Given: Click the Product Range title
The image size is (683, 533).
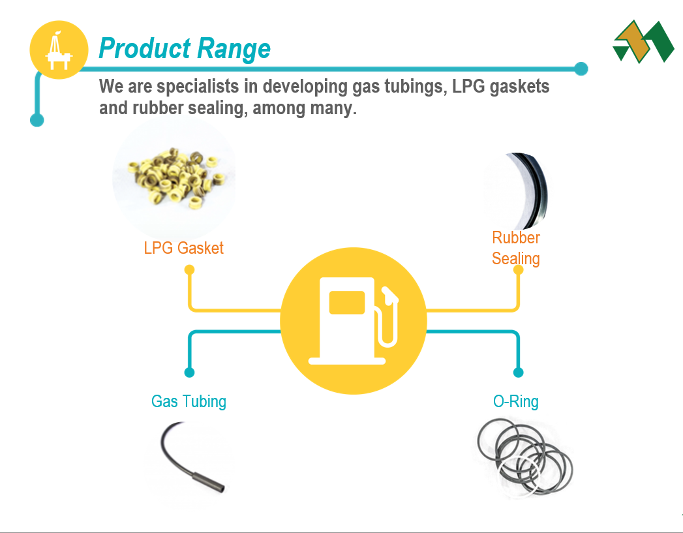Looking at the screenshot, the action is (x=184, y=48).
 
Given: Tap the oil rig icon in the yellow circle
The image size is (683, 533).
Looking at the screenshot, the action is (x=59, y=50).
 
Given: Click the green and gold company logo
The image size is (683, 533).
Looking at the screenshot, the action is (x=643, y=41).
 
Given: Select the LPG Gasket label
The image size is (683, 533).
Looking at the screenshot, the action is (x=183, y=248).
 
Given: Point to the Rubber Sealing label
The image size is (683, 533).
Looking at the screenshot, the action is (x=516, y=248).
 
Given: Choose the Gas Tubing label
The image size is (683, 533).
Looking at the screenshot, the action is (x=189, y=401).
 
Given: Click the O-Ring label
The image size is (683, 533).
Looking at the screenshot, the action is (x=516, y=401).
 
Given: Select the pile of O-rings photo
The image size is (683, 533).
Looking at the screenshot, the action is (x=525, y=457).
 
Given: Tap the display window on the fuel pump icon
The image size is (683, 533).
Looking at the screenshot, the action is (x=347, y=302).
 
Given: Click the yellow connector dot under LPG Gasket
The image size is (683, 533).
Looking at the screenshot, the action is (x=189, y=270).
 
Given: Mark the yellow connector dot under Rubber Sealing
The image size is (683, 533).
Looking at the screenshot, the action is (x=519, y=270).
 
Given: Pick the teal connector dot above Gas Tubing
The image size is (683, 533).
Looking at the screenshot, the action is (x=189, y=373).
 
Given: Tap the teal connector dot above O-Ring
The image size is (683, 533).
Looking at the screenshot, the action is (x=519, y=373).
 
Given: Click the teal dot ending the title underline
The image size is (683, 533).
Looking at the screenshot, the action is (x=581, y=69).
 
